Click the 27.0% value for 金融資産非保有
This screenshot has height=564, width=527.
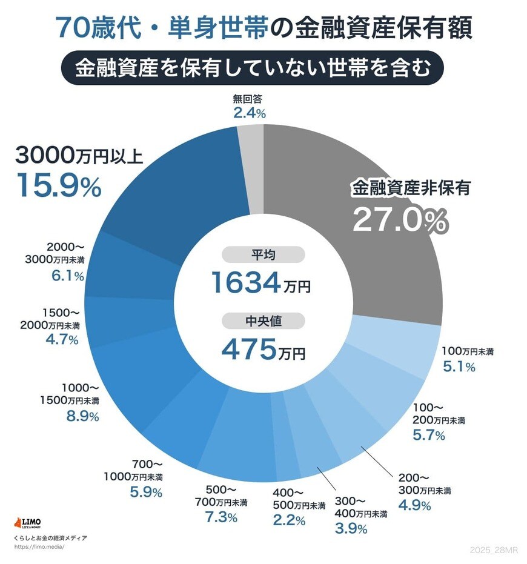click(399, 221)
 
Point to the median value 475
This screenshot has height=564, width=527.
click(248, 349)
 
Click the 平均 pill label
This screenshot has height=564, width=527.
click(263, 255)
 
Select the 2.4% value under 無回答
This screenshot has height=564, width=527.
click(250, 113)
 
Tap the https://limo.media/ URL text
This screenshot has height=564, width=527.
click(38, 546)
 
